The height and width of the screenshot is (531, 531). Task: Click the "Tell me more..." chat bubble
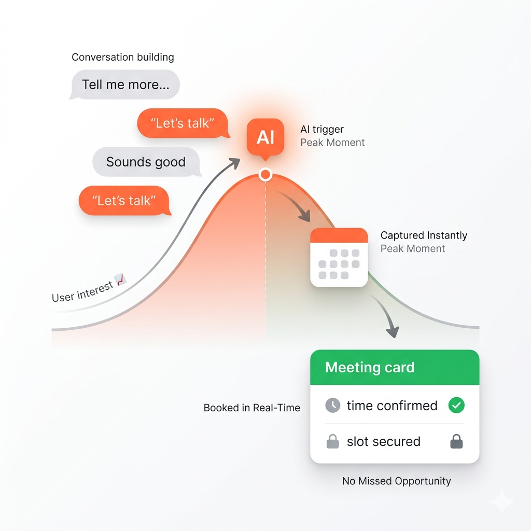[125, 85]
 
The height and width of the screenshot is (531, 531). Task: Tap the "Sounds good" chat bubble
[146, 162]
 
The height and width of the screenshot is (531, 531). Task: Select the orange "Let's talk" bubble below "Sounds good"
[123, 200]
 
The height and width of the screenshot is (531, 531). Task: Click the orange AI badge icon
[265, 137]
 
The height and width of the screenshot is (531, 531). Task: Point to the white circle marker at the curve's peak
[265, 175]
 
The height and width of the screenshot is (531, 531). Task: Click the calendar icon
[339, 257]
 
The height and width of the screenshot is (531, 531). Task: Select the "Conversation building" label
[123, 57]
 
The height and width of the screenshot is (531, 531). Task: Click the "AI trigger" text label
[322, 129]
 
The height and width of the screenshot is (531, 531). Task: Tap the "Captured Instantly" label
[424, 235]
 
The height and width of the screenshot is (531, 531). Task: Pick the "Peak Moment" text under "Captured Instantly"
[413, 249]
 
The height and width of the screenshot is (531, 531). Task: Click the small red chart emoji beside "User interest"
[121, 280]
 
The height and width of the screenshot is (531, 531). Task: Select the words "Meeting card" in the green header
[370, 368]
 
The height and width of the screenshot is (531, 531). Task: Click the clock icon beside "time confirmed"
[332, 406]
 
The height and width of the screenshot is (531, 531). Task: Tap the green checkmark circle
[456, 406]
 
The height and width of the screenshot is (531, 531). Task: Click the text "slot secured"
[383, 442]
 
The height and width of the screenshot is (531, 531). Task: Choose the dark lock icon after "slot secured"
[456, 442]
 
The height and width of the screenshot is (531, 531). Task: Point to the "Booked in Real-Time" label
[252, 408]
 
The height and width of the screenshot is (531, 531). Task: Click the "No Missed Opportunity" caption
[396, 481]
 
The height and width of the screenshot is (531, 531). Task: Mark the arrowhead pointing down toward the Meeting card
[394, 332]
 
